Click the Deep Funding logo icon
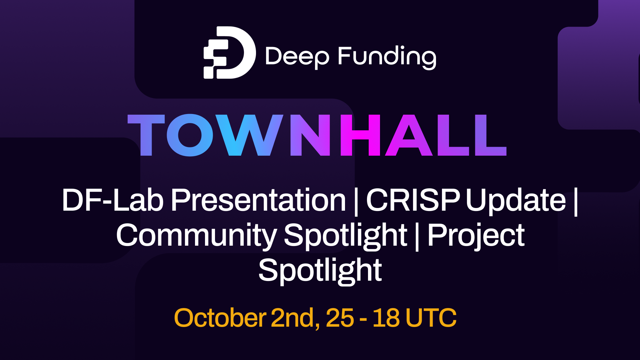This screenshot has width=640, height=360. pos(229,53)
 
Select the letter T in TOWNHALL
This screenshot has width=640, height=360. pos(146,135)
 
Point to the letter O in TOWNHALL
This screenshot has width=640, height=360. pos(190,135)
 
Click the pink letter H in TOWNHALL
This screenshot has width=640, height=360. pos(360,135)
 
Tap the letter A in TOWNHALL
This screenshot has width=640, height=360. pos(409,135)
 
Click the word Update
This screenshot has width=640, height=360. pos(516,201)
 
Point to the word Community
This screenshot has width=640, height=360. pos(196,236)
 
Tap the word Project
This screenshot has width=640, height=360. pos(476,236)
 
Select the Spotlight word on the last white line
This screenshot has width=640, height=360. pos(320,271)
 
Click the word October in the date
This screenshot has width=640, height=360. pos(220,318)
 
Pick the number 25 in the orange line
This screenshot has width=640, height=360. pos(340,318)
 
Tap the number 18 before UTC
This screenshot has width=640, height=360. pos(386,318)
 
